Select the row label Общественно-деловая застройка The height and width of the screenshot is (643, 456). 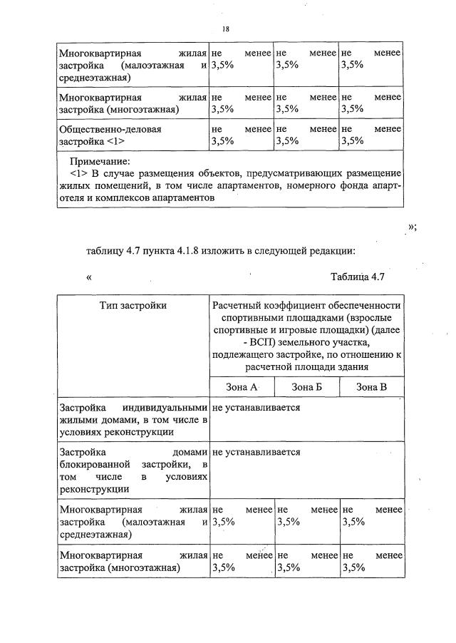[x=110, y=135]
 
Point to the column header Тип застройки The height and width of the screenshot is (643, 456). [x=133, y=305]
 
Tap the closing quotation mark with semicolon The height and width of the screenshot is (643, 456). [x=411, y=226]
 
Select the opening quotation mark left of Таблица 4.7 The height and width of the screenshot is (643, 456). [x=90, y=277]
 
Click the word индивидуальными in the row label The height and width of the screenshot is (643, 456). [x=165, y=407]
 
